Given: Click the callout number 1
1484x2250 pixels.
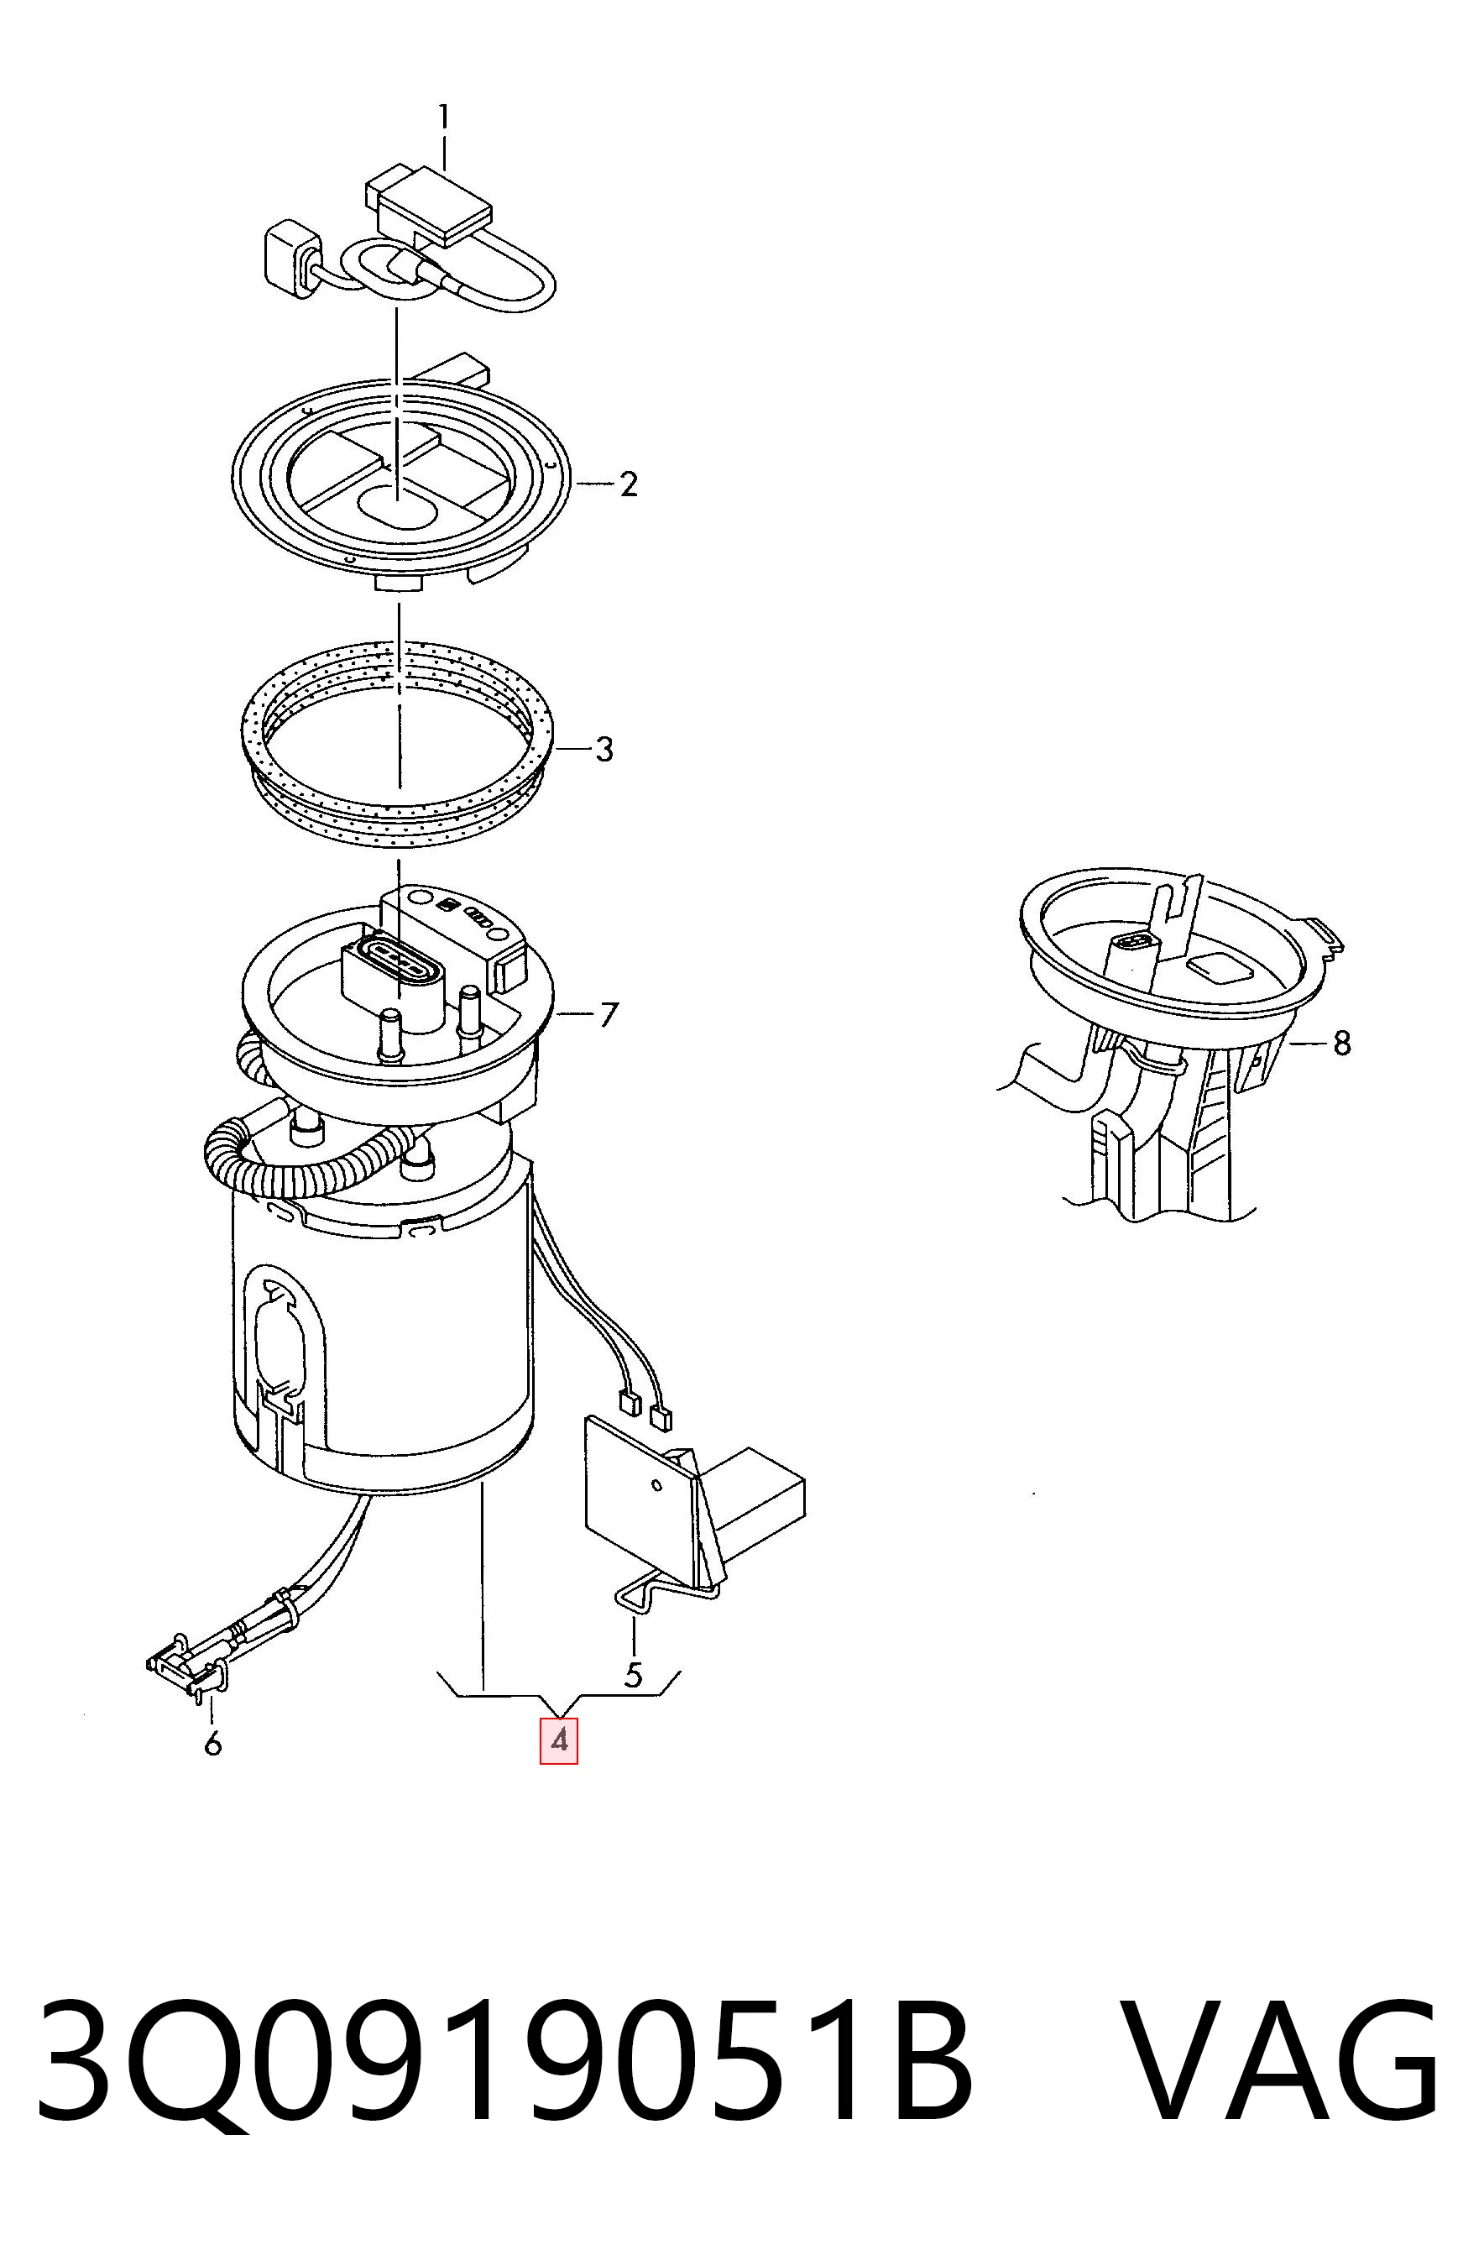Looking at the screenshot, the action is point(443,118).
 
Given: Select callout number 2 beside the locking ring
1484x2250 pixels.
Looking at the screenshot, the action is point(629,484).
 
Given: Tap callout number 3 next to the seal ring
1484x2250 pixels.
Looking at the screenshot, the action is point(604,750).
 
